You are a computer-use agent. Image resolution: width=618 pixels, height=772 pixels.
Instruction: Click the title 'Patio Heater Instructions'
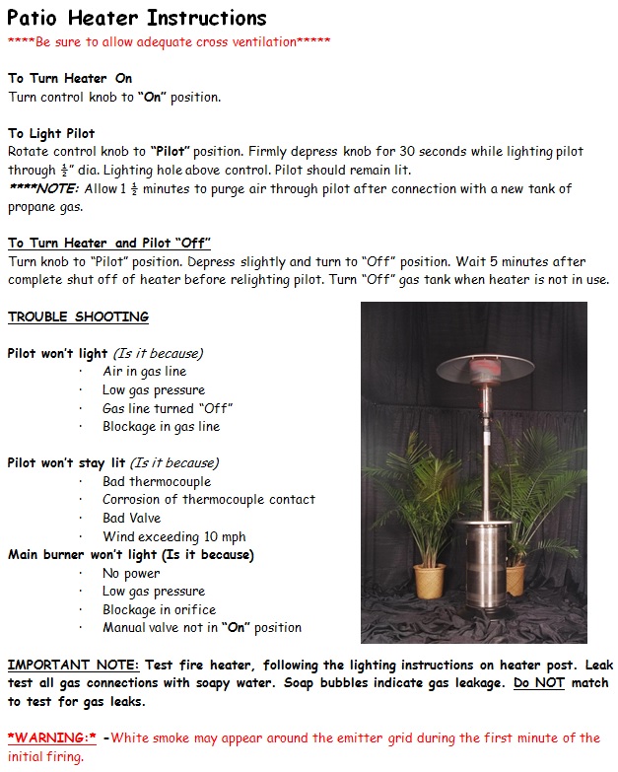click(x=137, y=18)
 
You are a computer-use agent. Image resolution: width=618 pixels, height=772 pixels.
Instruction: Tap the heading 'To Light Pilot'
click(x=65, y=133)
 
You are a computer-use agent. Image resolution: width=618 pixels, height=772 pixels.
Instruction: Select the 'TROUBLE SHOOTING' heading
click(x=78, y=316)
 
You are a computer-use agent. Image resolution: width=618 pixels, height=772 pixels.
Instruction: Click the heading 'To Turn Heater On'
click(x=69, y=78)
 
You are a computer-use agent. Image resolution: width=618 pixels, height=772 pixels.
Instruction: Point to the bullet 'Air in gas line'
click(x=144, y=372)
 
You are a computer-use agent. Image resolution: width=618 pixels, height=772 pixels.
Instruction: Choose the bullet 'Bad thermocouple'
click(x=157, y=481)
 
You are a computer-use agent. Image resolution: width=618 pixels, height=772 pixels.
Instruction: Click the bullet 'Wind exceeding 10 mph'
click(x=174, y=536)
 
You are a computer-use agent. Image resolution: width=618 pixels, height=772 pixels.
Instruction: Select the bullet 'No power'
click(x=131, y=573)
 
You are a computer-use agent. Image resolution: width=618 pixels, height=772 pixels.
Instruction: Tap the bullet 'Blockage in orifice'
click(x=159, y=609)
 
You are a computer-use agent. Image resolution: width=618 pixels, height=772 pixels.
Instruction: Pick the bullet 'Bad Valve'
click(x=131, y=518)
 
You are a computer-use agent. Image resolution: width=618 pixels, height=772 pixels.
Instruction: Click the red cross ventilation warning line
click(x=169, y=41)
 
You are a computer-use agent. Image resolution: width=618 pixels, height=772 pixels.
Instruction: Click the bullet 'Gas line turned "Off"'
click(x=168, y=408)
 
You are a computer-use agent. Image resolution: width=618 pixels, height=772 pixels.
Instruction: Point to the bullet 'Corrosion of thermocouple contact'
click(x=209, y=500)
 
